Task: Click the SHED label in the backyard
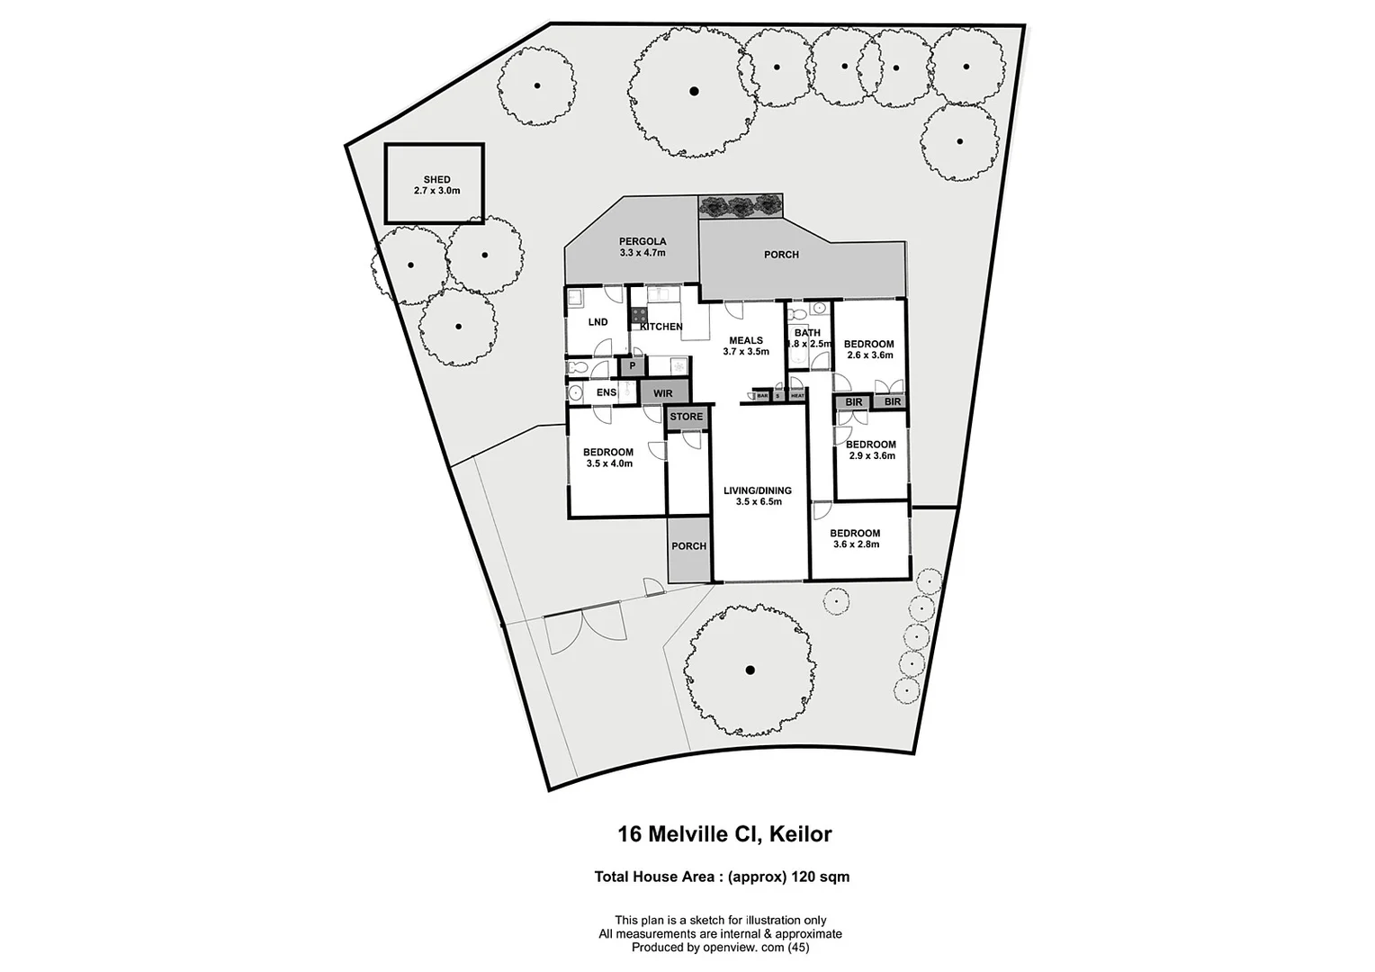[436, 180]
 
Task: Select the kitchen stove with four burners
[638, 315]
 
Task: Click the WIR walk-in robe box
[662, 393]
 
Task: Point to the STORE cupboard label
[686, 417]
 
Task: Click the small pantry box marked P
[632, 366]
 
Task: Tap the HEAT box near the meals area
[797, 395]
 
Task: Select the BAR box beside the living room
[762, 395]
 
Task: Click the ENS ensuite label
[607, 393]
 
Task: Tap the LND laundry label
[598, 322]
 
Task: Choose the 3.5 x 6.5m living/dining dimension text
[758, 502]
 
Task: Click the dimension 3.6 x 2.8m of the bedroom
[856, 544]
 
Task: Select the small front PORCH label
[688, 546]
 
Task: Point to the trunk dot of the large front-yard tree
[749, 669]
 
